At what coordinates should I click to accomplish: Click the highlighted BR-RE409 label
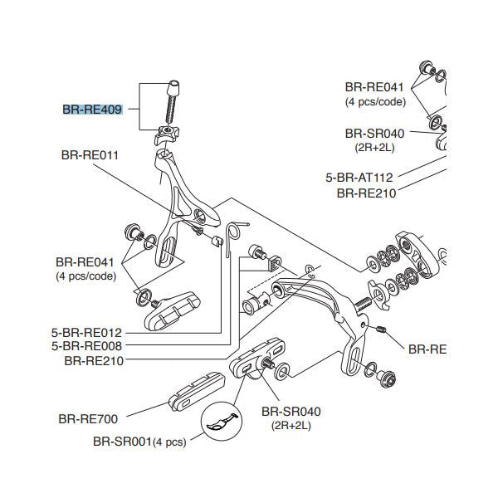(x=93, y=110)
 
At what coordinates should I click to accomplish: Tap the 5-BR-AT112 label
(x=359, y=177)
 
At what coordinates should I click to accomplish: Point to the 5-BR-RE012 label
(x=86, y=333)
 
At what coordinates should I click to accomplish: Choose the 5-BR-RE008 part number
(x=86, y=346)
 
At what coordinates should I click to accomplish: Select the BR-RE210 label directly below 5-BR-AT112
(x=366, y=193)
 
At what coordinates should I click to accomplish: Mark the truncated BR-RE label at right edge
(x=427, y=349)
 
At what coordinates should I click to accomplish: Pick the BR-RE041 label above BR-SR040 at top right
(x=374, y=87)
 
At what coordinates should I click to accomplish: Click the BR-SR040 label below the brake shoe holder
(x=290, y=412)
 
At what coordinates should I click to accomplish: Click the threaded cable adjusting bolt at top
(x=175, y=103)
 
